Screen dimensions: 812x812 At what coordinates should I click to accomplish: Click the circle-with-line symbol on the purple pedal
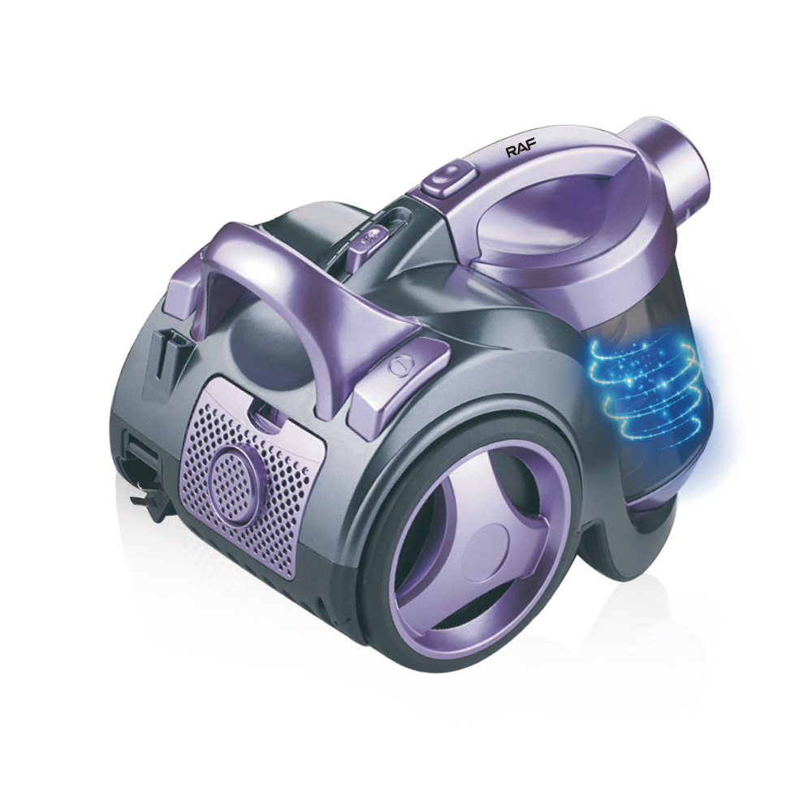400,366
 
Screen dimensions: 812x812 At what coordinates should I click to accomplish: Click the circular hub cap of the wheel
486,544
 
